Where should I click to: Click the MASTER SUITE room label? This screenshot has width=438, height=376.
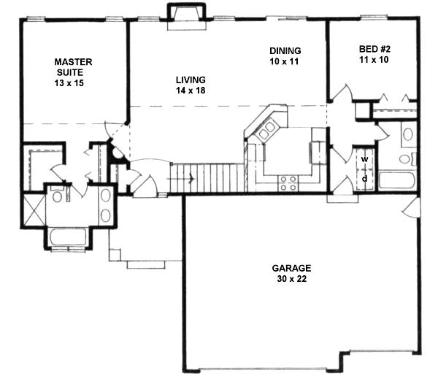[72, 67]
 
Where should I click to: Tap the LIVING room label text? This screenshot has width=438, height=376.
[191, 80]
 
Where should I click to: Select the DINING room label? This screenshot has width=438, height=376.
[285, 50]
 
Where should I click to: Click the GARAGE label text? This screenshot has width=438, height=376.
[289, 267]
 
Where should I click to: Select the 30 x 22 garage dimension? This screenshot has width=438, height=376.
[289, 279]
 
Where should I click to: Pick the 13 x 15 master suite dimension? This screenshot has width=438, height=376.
[73, 85]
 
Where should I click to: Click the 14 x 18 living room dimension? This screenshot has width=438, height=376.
[191, 91]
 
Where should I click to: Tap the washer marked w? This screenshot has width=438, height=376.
[364, 158]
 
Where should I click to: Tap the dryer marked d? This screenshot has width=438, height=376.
[364, 177]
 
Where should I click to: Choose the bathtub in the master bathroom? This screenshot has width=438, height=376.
[68, 238]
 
